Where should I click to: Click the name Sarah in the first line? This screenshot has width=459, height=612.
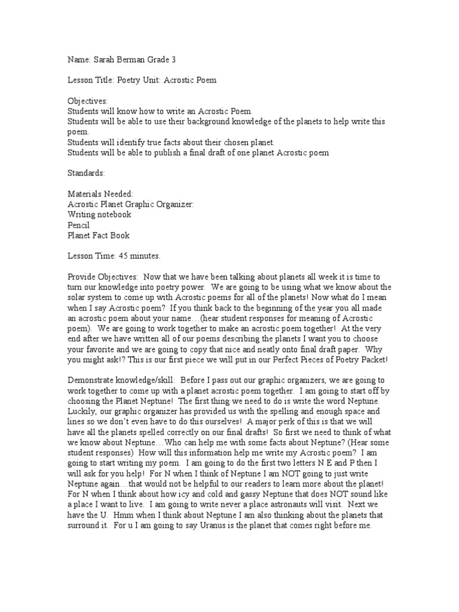[x=104, y=60]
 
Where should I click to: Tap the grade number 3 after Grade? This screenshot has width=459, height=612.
[x=175, y=60]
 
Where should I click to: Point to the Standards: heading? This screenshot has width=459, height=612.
[x=85, y=173]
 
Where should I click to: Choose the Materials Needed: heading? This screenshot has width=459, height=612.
[x=100, y=194]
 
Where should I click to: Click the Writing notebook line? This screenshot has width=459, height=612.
[x=99, y=214]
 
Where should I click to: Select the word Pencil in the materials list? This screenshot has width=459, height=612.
[x=78, y=225]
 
